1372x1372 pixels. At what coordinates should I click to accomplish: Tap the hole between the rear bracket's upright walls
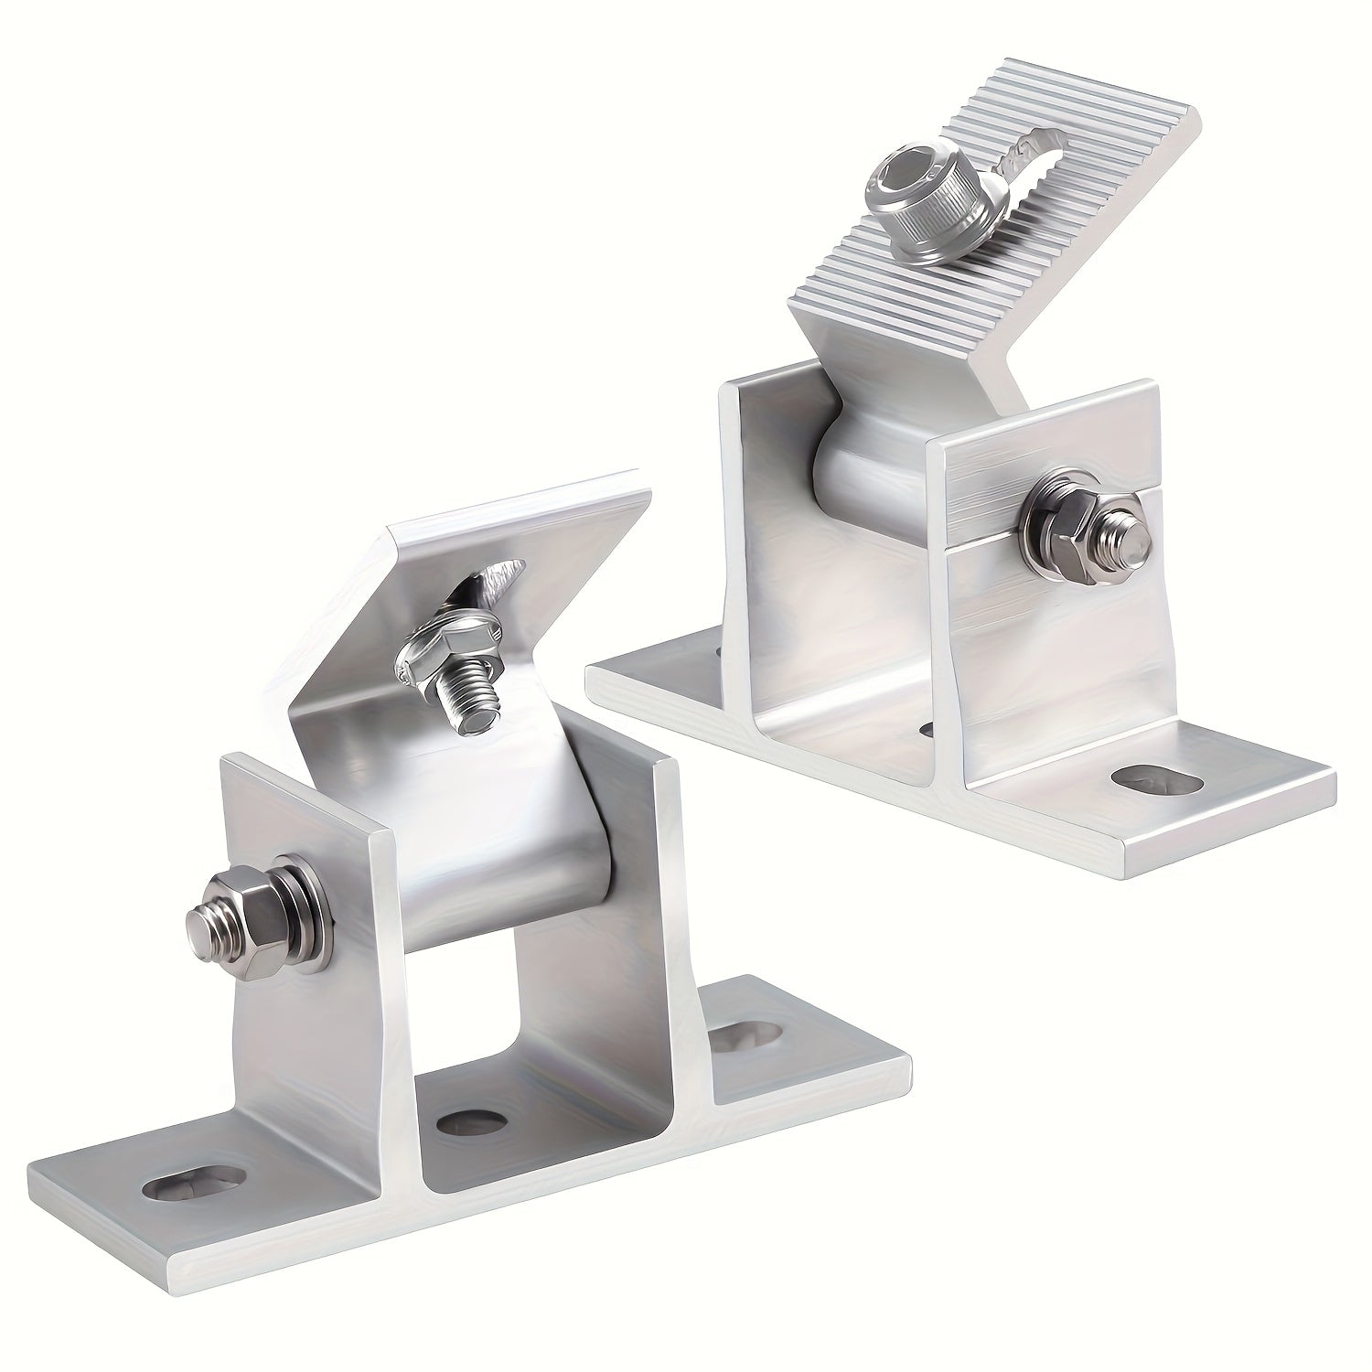pos(926,729)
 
